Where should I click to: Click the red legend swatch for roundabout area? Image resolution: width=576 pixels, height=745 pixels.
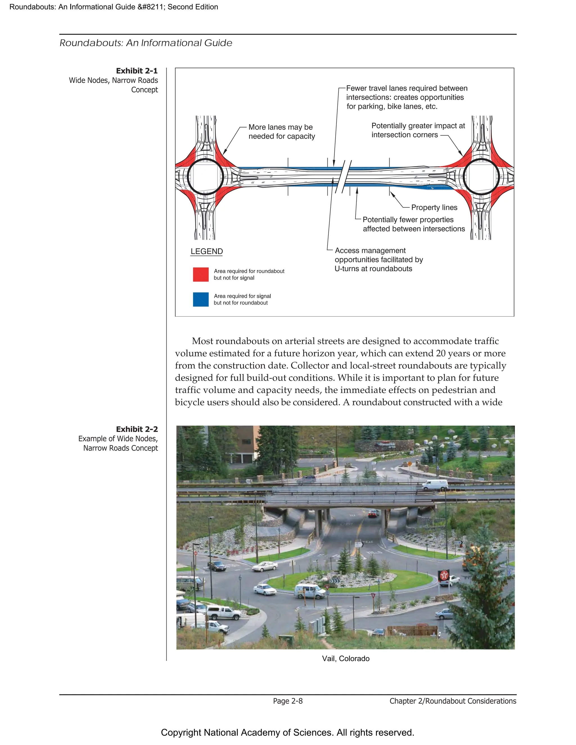point(201,274)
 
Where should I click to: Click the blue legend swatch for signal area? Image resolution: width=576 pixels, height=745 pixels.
point(201,299)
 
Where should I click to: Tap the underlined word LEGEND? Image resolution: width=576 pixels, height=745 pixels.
point(206,251)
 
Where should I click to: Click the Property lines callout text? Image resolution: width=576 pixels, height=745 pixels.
point(434,207)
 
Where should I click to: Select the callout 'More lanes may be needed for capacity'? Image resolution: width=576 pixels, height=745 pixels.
point(281,132)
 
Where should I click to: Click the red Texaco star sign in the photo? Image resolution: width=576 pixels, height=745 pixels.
point(444,575)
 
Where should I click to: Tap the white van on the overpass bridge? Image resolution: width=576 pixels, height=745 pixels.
point(435,484)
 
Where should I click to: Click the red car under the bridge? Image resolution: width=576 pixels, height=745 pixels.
point(373,513)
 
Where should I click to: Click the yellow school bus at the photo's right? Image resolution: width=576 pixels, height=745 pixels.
point(468,559)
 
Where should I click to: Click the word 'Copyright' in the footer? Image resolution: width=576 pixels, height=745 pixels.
point(180,733)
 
